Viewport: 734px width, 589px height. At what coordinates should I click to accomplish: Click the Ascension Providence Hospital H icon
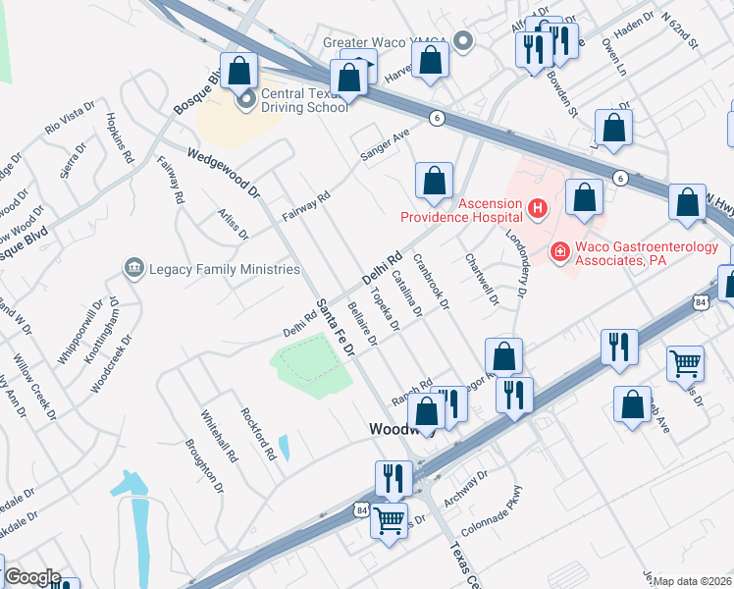537,208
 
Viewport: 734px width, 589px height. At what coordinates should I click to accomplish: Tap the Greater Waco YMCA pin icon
465,41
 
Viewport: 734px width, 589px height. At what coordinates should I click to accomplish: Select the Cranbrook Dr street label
431,284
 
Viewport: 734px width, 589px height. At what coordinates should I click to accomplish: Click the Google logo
32,577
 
